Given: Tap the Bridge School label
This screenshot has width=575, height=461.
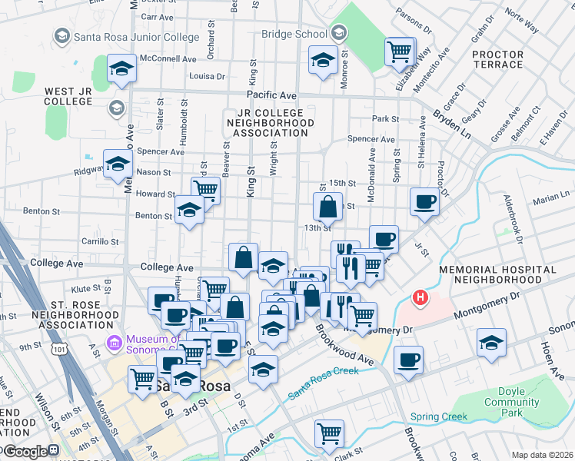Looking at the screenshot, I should point(294,34).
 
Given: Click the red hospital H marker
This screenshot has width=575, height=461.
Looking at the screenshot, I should point(420,297).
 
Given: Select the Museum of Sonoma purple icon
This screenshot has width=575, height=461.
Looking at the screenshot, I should point(115,340).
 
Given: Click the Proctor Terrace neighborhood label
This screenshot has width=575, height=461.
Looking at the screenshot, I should point(497,59).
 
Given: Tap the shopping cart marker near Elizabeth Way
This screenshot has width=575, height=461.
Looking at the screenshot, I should point(399,52).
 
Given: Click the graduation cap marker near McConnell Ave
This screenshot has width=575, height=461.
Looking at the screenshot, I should point(121,68).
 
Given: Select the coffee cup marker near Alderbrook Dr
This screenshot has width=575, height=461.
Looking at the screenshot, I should point(424,202).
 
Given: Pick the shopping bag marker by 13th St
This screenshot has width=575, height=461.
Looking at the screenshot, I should point(327,206).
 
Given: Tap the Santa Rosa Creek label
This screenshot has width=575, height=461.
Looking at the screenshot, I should point(324,383).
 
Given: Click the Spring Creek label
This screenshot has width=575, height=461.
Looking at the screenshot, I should point(438,417).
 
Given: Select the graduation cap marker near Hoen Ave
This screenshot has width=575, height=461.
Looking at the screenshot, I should point(491,343).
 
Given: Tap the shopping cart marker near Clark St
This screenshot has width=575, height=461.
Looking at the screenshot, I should point(330,433).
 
